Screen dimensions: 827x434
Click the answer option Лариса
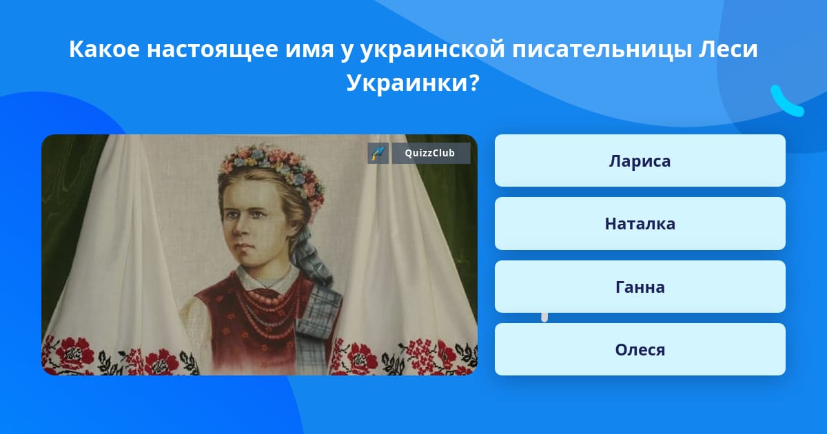point(640,161)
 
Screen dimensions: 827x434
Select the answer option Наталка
point(640,224)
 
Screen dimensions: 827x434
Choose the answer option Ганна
point(640,287)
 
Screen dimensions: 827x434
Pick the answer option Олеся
point(640,349)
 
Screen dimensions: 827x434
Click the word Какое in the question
point(105,49)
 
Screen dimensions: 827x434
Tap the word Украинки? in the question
point(413,83)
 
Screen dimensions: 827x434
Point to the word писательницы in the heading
point(602,50)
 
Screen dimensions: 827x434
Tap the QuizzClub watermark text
point(429,153)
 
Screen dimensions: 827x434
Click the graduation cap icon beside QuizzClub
point(378,153)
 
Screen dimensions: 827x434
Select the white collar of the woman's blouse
point(267,278)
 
